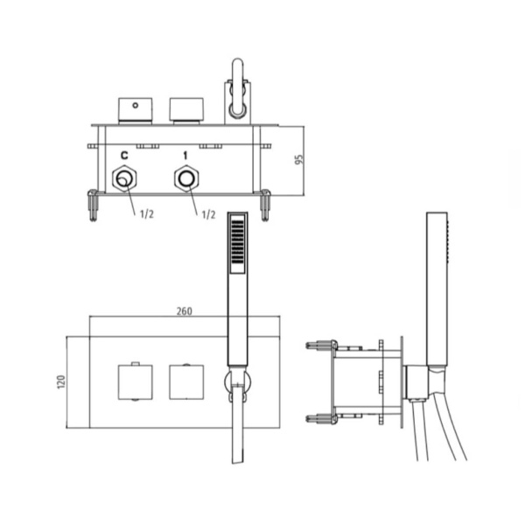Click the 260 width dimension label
click(x=185, y=311)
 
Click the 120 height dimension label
click(x=61, y=382)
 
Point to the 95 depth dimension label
click(x=299, y=159)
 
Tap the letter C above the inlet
click(x=124, y=156)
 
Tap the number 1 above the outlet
click(x=185, y=156)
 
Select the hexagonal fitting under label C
click(x=124, y=178)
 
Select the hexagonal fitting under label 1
click(x=186, y=178)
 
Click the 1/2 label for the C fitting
click(x=147, y=213)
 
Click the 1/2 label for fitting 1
click(x=208, y=214)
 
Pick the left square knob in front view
click(x=136, y=382)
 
